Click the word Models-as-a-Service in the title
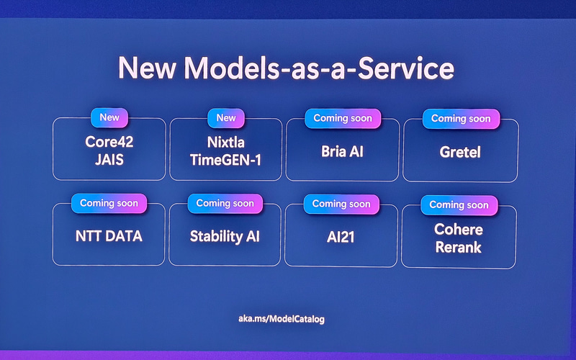[319, 68]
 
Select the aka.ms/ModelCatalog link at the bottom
[286, 318]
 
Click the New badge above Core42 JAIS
[109, 117]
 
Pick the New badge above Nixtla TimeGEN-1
[226, 117]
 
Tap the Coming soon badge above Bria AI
[341, 118]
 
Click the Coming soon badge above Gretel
[460, 118]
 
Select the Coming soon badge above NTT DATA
[109, 203]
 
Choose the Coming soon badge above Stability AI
[225, 203]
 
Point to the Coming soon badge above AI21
[341, 204]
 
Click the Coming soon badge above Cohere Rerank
[459, 204]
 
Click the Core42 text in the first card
[109, 142]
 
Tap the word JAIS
[109, 160]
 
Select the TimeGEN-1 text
[226, 160]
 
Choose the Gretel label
[460, 153]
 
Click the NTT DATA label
[109, 235]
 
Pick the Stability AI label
[225, 236]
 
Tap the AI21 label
[341, 236]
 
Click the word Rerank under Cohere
[459, 246]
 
